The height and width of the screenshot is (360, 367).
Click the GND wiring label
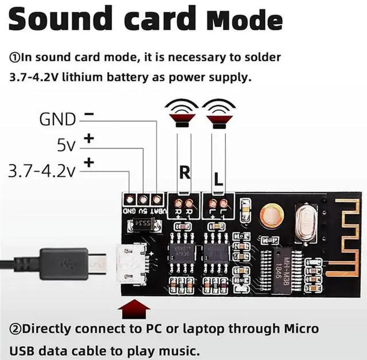click(x=57, y=119)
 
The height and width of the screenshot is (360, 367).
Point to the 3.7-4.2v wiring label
click(x=42, y=171)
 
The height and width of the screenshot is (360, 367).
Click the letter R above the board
click(x=185, y=172)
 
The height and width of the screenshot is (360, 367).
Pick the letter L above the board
click(x=218, y=178)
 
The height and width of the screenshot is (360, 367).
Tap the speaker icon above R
click(x=181, y=113)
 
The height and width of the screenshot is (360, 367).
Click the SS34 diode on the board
click(x=145, y=223)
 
